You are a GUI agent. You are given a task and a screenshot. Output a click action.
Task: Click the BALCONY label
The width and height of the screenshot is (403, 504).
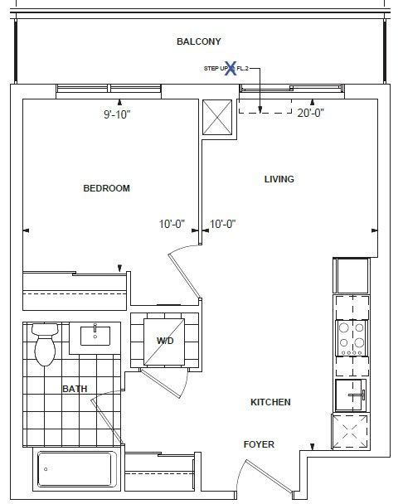tap(199, 41)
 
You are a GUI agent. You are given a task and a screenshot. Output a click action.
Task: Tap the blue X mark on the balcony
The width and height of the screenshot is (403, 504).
tap(231, 68)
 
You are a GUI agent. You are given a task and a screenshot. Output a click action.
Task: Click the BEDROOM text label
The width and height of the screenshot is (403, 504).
tap(106, 188)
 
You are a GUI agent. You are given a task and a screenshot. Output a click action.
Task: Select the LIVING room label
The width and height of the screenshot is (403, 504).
tap(279, 179)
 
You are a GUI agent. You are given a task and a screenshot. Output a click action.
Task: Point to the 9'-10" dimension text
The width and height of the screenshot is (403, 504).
tap(117, 114)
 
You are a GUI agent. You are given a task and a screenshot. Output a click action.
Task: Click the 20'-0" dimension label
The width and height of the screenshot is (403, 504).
tap(310, 113)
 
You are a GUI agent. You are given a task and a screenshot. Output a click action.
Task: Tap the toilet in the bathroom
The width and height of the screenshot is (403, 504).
tap(45, 345)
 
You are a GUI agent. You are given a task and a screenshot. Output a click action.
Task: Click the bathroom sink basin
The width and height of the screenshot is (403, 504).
tap(95, 336)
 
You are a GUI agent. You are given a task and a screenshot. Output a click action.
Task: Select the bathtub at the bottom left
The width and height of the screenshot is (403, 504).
tap(77, 470)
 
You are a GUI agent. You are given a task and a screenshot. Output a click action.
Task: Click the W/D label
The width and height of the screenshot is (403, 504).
tap(165, 341)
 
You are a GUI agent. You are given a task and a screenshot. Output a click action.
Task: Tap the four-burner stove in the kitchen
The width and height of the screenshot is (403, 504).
tap(352, 337)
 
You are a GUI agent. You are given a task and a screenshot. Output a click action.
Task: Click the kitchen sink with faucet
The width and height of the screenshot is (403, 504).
tap(351, 395)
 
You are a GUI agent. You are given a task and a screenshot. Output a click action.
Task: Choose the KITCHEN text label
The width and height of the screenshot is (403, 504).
tap(270, 402)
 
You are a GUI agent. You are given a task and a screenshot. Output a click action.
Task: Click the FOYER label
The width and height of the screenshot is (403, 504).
tap(259, 444)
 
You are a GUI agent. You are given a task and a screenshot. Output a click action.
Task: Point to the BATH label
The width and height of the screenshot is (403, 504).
tap(75, 389)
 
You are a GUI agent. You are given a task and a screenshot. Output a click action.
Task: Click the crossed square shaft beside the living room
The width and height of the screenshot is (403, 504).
tap(217, 117)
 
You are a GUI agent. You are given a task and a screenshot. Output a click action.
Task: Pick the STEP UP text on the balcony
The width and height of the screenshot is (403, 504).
tap(216, 69)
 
